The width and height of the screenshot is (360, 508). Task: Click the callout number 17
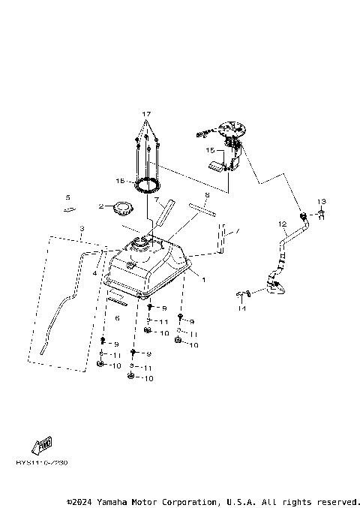[147, 114]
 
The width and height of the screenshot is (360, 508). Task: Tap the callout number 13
[320, 202]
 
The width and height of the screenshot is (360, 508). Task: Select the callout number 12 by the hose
[282, 224]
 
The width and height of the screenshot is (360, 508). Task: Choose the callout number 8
[208, 195]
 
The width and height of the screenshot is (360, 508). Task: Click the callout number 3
[82, 227]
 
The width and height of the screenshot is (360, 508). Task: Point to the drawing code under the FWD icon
[42, 463]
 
